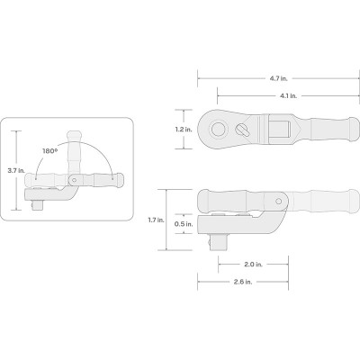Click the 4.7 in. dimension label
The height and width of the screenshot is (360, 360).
coord(278,78)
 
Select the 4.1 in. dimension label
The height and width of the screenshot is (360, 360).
coord(288,96)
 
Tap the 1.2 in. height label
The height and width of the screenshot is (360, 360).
coord(184,130)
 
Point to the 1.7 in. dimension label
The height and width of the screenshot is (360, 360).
coord(156,220)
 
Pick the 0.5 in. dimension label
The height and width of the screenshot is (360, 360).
coord(184,224)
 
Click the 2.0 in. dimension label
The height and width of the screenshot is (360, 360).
coord(253,265)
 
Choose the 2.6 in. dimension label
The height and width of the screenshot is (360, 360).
coord(243,282)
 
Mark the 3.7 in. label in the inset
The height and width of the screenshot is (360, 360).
coord(16,170)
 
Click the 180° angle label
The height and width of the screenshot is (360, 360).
coord(49,151)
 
